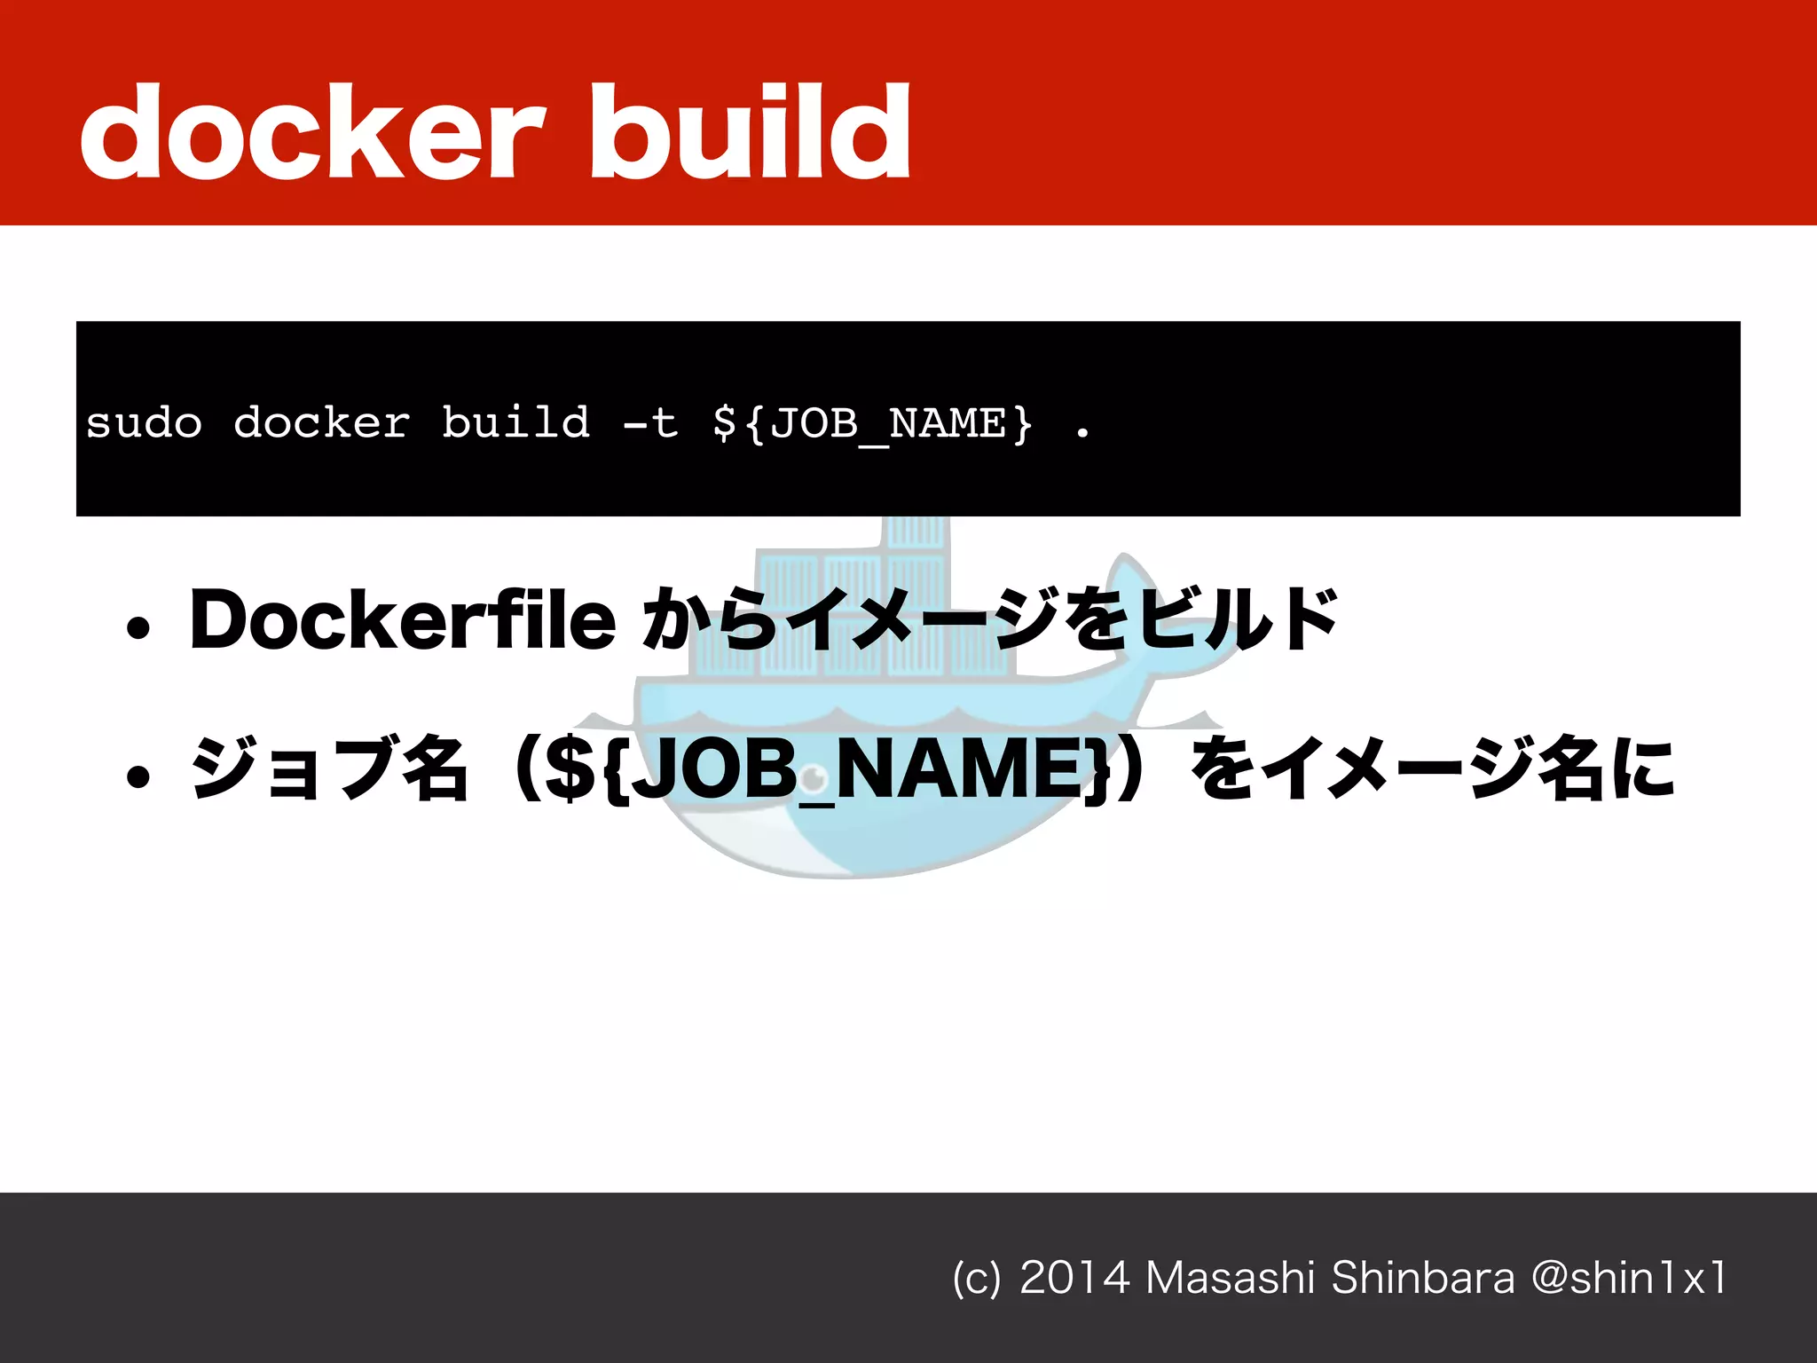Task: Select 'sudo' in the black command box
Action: pyautogui.click(x=144, y=423)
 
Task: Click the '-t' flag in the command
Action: pyautogui.click(x=651, y=423)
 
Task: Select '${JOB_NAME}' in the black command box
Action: pyautogui.click(x=872, y=424)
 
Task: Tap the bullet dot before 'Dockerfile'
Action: pyautogui.click(x=138, y=628)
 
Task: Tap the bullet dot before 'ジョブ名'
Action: pyautogui.click(x=138, y=777)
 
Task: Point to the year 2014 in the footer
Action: pyautogui.click(x=1074, y=1278)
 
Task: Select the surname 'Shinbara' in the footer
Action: pyautogui.click(x=1423, y=1278)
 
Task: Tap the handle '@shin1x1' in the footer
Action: pyautogui.click(x=1629, y=1278)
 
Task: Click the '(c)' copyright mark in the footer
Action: pyautogui.click(x=976, y=1279)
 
